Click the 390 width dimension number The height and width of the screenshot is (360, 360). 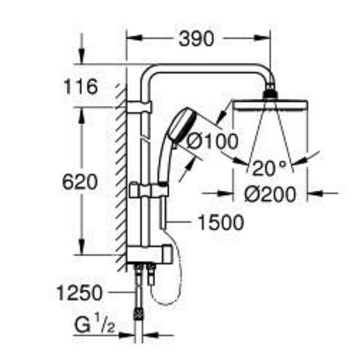pyautogui.click(x=196, y=39)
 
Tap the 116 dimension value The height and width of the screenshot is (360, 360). pyautogui.click(x=81, y=87)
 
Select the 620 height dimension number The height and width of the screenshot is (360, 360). pyautogui.click(x=80, y=182)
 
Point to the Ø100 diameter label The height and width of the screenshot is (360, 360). pyautogui.click(x=213, y=141)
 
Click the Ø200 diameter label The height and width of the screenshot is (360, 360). pyautogui.click(x=270, y=194)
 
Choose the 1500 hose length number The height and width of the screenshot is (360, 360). pyautogui.click(x=220, y=222)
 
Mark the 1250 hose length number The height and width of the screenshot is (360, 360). pyautogui.click(x=79, y=293)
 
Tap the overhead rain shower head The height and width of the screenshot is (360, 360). pyautogui.click(x=270, y=105)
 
